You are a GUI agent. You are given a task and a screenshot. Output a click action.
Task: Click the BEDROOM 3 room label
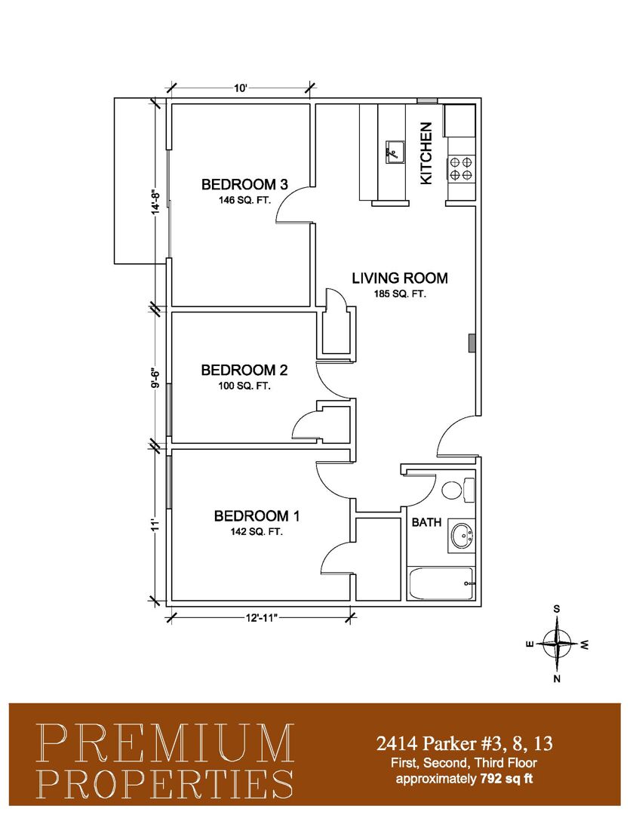(244, 185)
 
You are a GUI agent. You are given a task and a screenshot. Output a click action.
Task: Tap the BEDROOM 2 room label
(244, 370)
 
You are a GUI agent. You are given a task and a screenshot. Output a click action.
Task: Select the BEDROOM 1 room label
(257, 516)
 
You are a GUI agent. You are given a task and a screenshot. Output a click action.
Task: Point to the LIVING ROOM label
(400, 278)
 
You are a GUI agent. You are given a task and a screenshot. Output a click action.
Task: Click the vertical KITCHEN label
(426, 152)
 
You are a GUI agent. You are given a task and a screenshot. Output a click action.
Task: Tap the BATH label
(426, 522)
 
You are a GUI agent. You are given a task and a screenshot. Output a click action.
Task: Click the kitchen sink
(394, 152)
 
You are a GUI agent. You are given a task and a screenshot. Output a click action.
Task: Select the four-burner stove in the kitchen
(460, 169)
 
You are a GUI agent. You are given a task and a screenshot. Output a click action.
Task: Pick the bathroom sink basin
(461, 536)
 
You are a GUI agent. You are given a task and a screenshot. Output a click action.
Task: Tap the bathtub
(441, 583)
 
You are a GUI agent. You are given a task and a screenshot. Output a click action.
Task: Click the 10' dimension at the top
(240, 88)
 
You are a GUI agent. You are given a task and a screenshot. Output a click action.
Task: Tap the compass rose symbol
(557, 644)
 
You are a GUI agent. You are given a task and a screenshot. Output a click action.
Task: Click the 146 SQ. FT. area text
(244, 200)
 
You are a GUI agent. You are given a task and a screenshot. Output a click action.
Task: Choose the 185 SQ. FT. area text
(400, 294)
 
